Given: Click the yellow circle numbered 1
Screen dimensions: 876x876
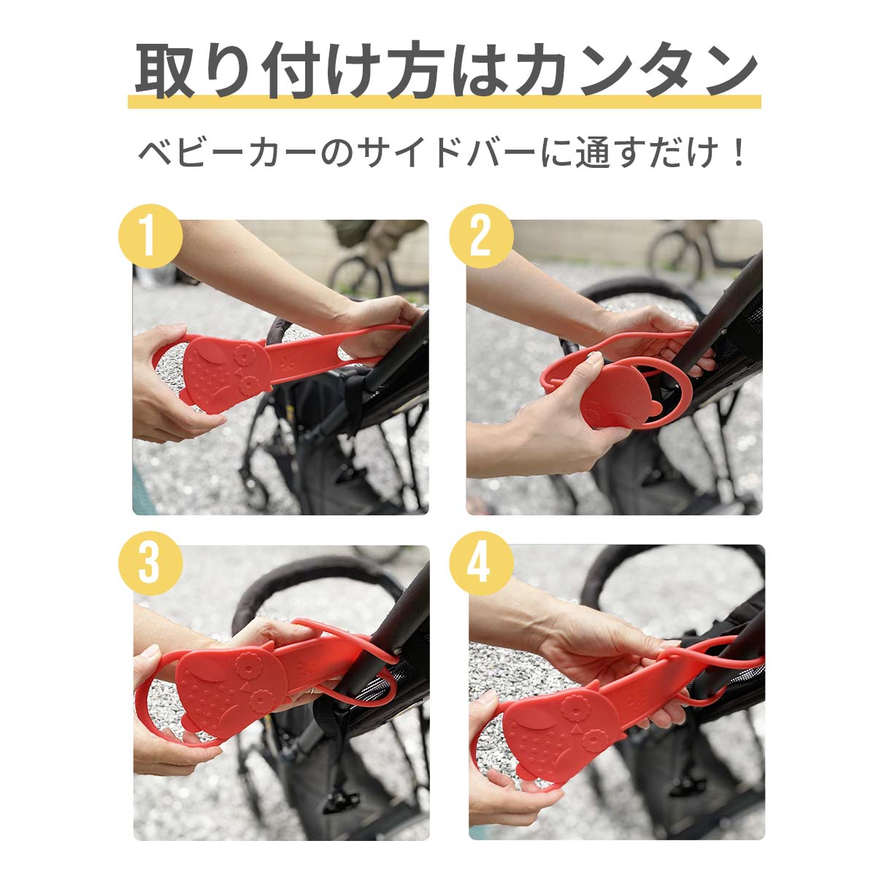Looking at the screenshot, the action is coord(150,236).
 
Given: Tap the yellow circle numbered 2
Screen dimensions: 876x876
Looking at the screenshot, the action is coord(481,236).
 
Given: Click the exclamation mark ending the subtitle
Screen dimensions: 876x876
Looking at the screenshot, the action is coord(737,153).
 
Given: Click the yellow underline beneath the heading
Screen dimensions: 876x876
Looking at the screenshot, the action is coord(444,101).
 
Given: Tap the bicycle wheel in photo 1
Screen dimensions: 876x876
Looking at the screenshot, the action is coord(356,277).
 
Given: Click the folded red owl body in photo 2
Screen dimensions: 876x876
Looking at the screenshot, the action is coord(620,395).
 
